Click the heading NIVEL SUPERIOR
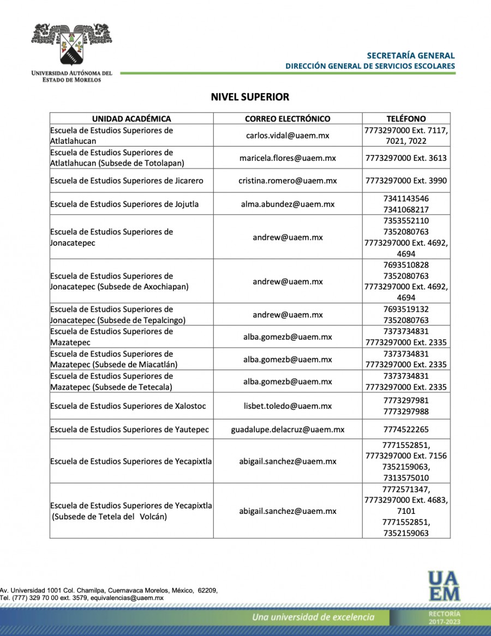tap(250, 97)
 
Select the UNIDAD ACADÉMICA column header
tap(131, 118)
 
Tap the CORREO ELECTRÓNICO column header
tap(288, 118)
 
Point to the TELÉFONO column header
tap(406, 118)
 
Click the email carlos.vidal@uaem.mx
tap(288, 136)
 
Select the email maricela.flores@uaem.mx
tap(288, 158)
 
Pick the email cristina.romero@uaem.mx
tap(288, 180)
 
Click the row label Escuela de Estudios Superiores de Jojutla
tap(124, 204)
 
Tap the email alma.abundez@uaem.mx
tap(288, 204)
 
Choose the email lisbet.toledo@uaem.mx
tap(288, 406)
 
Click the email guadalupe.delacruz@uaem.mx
tap(288, 429)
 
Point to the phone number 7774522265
tap(406, 429)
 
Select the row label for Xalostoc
tap(128, 406)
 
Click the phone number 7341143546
tap(406, 199)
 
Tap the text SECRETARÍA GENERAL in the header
tap(410, 56)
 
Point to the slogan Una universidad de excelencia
tap(313, 617)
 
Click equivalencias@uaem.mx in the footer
tap(127, 597)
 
